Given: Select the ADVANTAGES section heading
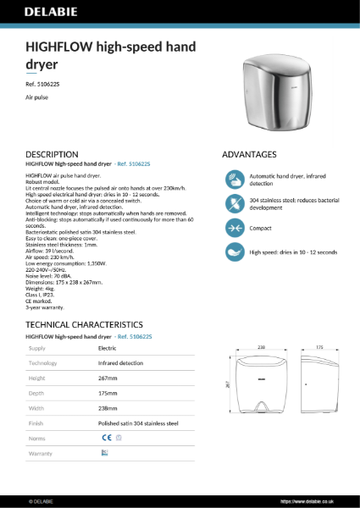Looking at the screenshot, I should (x=249, y=155).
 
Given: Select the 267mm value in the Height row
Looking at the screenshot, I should (x=108, y=378).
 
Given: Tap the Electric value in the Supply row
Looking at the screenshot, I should (x=108, y=348).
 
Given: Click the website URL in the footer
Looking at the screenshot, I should (x=316, y=501).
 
